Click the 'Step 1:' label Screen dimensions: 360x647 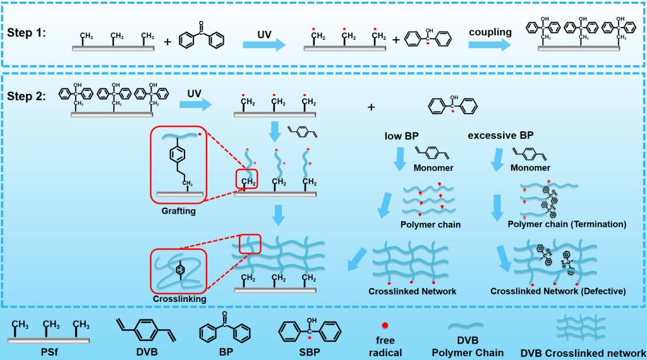pyautogui.click(x=31, y=33)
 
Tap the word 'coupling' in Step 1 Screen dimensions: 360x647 pyautogui.click(x=490, y=32)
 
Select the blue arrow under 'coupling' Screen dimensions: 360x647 pyautogui.click(x=490, y=45)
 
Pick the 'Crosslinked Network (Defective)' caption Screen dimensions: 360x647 pyautogui.click(x=558, y=291)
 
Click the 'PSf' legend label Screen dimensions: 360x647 pyautogui.click(x=48, y=351)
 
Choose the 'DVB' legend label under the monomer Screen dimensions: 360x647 pyautogui.click(x=145, y=351)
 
